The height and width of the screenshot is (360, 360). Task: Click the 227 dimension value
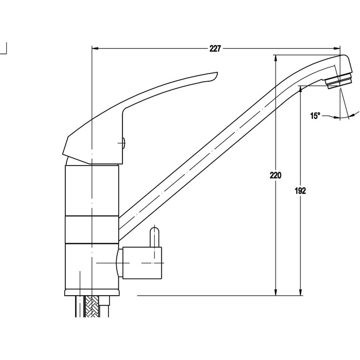(215, 49)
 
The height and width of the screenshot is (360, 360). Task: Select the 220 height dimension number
(275, 176)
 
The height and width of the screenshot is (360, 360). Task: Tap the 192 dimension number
(300, 191)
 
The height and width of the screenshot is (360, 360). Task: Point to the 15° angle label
(315, 116)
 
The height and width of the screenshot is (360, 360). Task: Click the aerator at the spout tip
(339, 81)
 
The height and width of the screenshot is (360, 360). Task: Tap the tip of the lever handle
(217, 74)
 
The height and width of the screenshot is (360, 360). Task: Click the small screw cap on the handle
(124, 143)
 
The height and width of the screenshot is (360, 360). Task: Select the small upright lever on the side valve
(154, 237)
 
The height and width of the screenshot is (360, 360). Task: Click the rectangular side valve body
(142, 263)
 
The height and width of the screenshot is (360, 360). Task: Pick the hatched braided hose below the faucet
(92, 307)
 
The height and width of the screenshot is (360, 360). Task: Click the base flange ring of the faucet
(92, 293)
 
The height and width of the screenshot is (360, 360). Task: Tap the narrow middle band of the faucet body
(92, 229)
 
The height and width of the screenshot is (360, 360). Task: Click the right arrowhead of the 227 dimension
(337, 49)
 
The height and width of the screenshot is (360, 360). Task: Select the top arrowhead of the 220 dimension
(276, 58)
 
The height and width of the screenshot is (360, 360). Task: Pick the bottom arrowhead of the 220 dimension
(276, 292)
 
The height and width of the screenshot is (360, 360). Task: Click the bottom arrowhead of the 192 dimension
(300, 292)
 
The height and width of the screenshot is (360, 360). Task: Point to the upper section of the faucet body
(92, 191)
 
